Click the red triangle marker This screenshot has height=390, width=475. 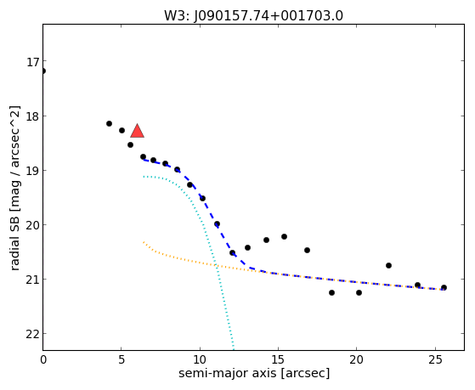(x=137, y=131)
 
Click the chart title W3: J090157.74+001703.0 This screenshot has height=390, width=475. (x=253, y=16)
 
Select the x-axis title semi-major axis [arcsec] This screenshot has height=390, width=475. (x=254, y=373)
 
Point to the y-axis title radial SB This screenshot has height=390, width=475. (x=14, y=243)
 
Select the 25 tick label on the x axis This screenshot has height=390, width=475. (x=435, y=359)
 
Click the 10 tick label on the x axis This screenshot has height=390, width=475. (x=200, y=359)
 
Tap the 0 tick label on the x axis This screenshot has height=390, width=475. (x=43, y=359)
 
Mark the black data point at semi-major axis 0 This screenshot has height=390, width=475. (x=43, y=71)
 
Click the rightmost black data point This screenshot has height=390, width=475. (x=444, y=287)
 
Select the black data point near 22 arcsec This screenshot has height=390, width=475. (x=388, y=265)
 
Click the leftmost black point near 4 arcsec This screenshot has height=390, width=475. (x=109, y=124)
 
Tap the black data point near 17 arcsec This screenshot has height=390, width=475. (x=307, y=251)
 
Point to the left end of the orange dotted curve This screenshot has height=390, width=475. (x=144, y=242)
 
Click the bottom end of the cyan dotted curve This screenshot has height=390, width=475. (x=234, y=348)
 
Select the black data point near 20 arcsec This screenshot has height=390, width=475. (x=359, y=293)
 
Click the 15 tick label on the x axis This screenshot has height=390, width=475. (x=278, y=359)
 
